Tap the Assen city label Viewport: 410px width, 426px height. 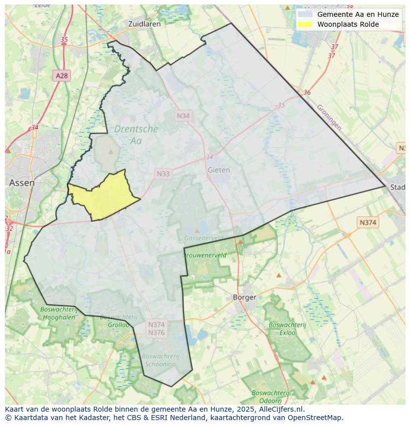pos(22,183)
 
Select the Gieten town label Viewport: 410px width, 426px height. pos(218,170)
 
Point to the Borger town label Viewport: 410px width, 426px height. pos(244,297)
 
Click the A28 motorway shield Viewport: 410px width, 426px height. pos(61,76)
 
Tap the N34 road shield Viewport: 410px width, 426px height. pos(183,115)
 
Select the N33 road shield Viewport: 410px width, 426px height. pos(163,174)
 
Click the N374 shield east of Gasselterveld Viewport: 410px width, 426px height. pos(367,223)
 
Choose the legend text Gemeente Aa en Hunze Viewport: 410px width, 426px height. pos(358,14)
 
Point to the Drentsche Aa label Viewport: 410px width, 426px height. pos(136,135)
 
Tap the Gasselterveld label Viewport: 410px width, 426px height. pos(203,238)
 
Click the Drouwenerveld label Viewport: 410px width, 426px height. pos(205,255)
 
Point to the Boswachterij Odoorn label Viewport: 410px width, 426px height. pos(270,396)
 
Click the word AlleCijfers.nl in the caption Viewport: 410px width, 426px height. pos(280,409)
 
